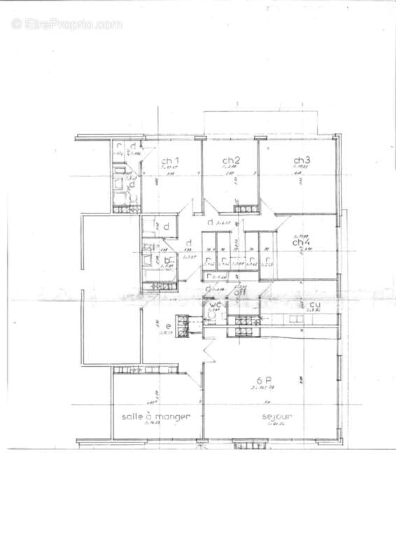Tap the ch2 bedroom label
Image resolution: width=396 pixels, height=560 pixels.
[232, 160]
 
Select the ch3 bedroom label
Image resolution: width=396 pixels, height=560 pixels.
[302, 160]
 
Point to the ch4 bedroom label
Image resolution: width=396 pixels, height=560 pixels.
[302, 243]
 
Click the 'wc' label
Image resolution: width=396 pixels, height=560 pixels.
[213, 306]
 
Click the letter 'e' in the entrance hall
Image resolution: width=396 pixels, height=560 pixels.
[159, 326]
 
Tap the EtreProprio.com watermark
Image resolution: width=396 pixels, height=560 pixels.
[66, 24]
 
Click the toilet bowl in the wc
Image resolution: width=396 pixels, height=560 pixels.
[211, 316]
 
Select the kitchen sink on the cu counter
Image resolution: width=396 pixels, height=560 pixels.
[297, 319]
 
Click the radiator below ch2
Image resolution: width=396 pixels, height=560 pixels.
[245, 208]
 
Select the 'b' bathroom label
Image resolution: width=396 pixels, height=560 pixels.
[167, 260]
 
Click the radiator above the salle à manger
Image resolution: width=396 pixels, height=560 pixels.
[129, 369]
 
